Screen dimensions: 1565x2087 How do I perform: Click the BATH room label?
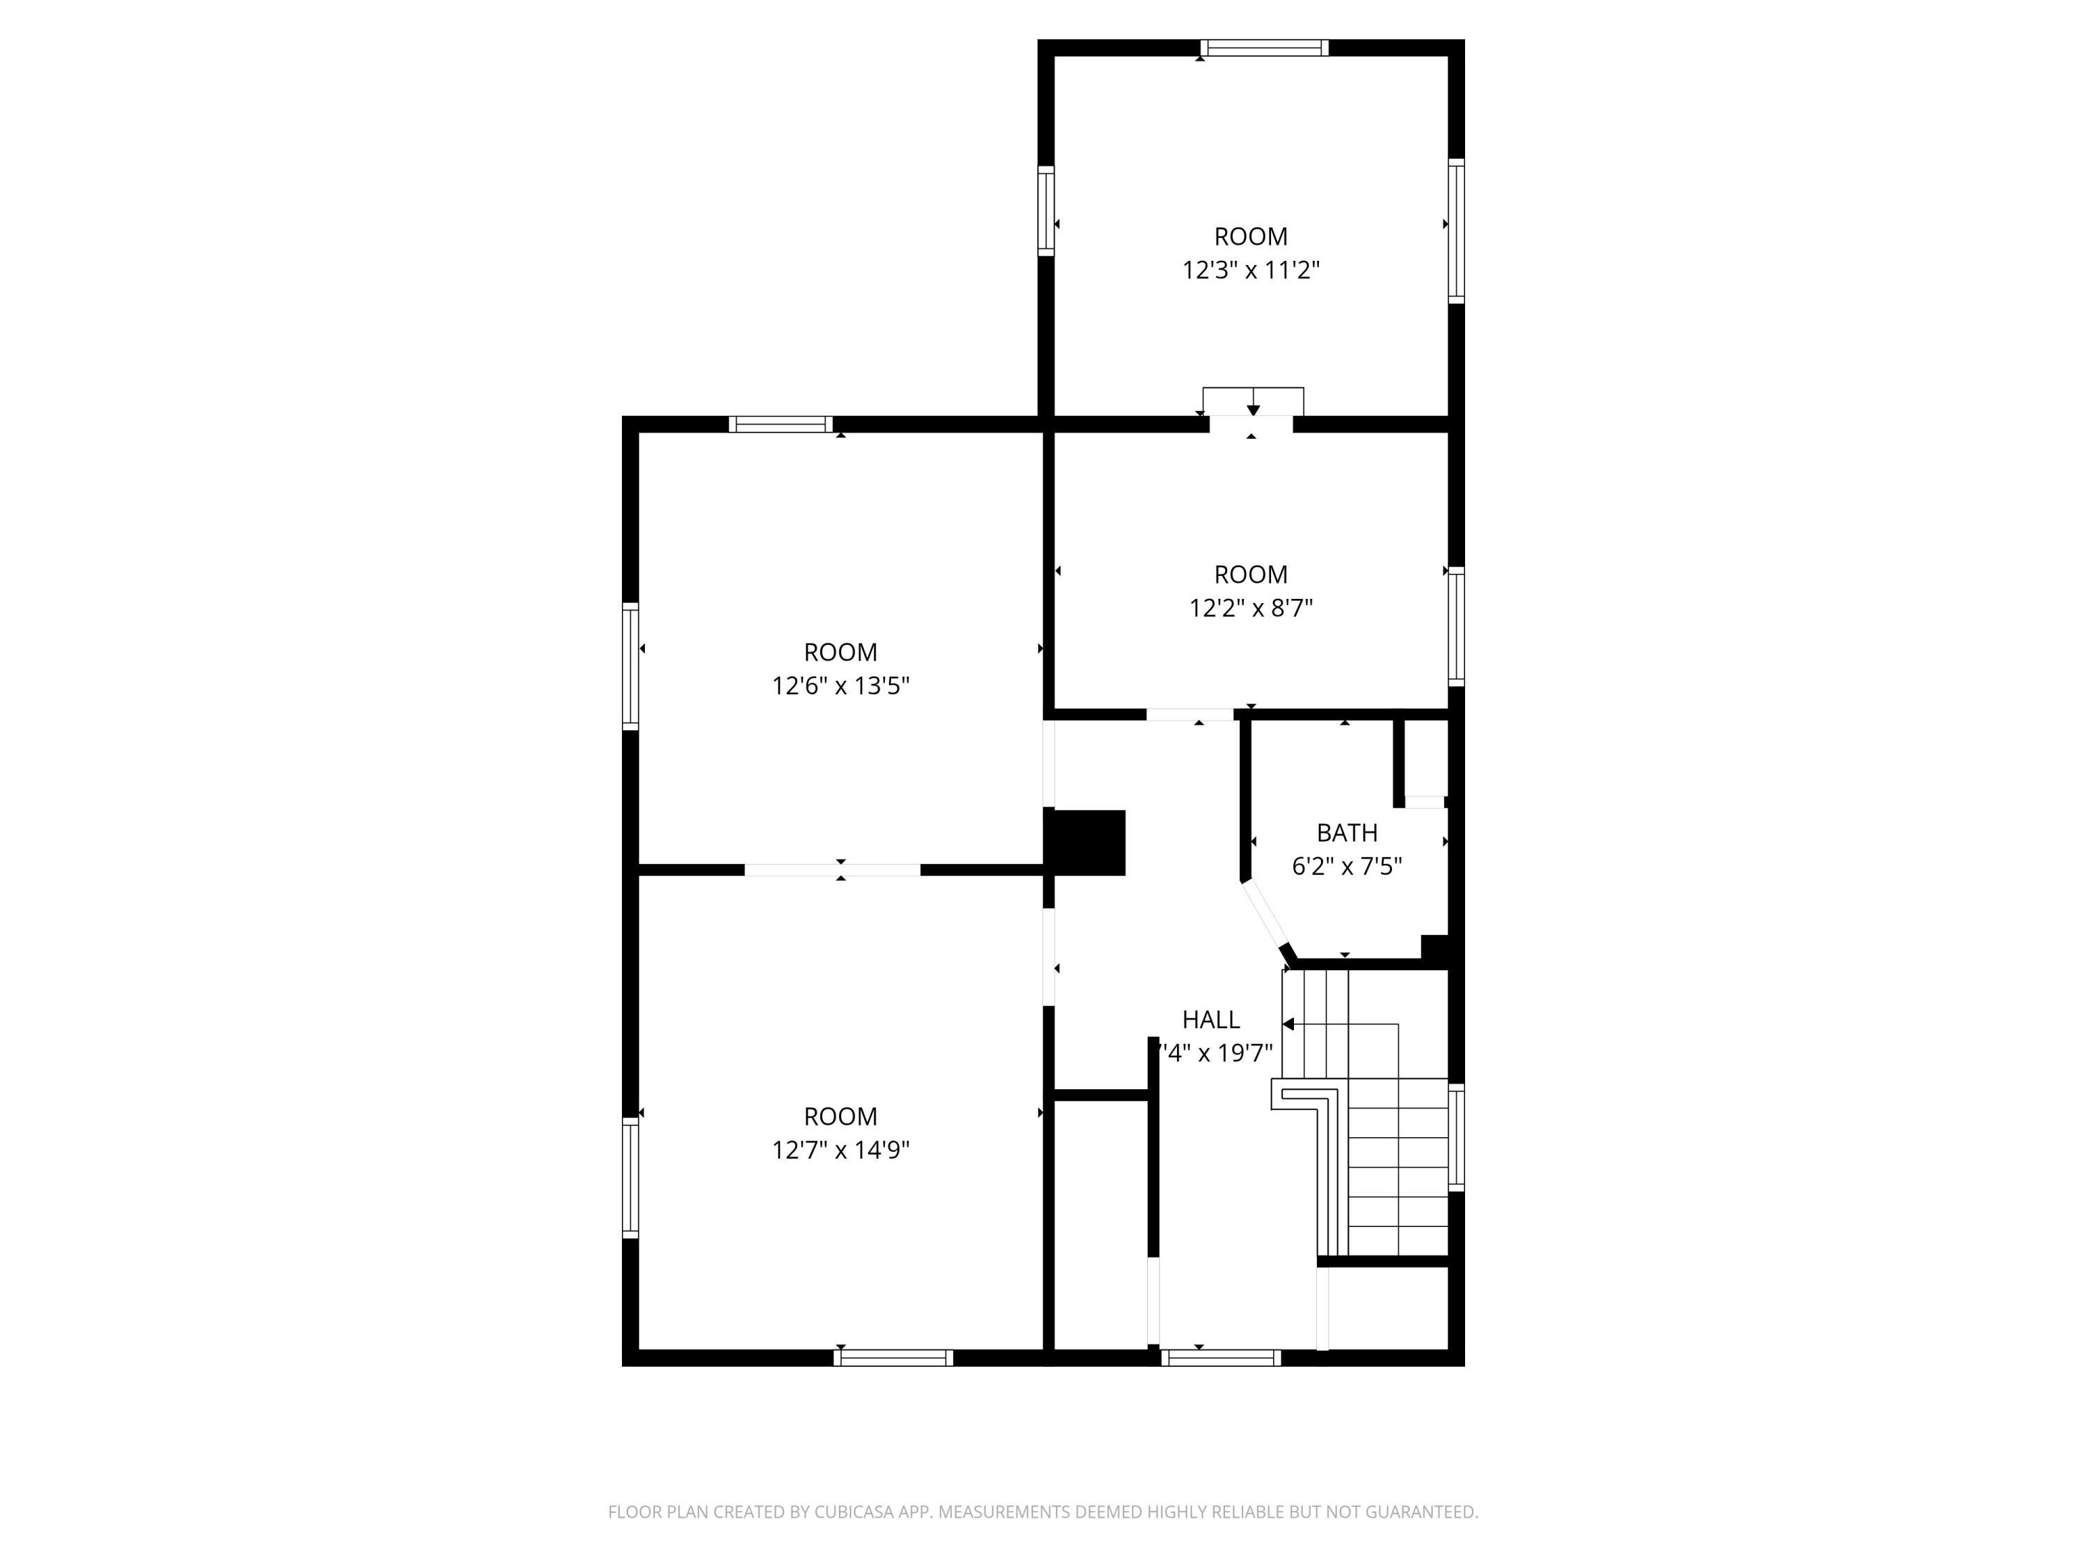pos(1346,833)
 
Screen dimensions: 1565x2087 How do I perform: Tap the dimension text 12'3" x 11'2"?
pos(1250,271)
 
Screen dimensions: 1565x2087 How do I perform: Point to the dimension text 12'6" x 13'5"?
pos(840,686)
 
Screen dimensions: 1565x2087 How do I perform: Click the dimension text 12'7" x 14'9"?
pos(840,1150)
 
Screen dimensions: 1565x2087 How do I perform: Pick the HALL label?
pos(1210,1020)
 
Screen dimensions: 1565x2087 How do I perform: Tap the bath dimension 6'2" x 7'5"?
pos(1346,866)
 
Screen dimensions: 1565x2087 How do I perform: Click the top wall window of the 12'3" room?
pos(1264,48)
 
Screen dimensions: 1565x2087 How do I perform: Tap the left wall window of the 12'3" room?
pos(1046,210)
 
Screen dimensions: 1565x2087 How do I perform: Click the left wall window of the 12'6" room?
pos(630,666)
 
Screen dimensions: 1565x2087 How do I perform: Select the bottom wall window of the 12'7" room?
pos(893,1358)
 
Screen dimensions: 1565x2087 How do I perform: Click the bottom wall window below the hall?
pos(1220,1358)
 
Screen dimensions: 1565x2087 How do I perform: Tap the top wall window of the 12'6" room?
pos(781,424)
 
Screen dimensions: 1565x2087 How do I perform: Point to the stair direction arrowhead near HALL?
pos(1288,1024)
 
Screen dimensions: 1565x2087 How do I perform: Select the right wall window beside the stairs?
pos(1456,1138)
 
